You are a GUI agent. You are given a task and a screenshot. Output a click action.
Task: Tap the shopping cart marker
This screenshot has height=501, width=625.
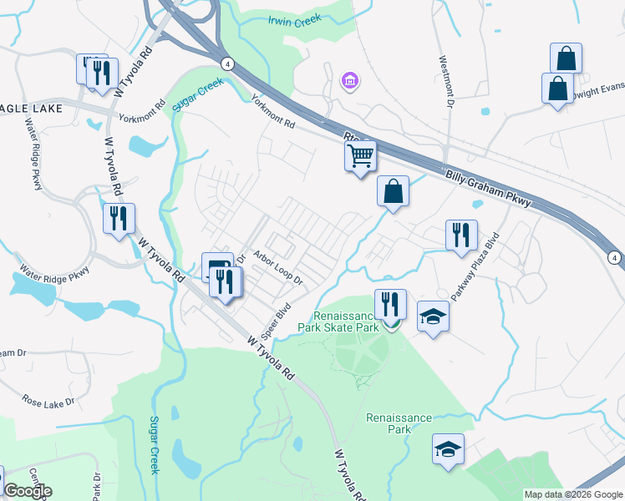tap(360, 156)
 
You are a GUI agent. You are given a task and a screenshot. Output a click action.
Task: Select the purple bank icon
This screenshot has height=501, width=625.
tap(349, 81)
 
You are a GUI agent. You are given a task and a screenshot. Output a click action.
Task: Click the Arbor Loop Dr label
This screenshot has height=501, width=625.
tap(277, 265)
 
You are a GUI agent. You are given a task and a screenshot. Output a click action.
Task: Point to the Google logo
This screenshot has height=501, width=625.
tap(27, 491)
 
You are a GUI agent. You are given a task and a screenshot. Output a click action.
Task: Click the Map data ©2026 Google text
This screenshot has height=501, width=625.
tap(573, 494)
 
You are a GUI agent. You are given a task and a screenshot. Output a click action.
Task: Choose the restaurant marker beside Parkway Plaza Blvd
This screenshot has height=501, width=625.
tap(460, 236)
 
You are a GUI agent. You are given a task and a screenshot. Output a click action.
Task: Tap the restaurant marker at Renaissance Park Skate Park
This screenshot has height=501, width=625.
tap(389, 306)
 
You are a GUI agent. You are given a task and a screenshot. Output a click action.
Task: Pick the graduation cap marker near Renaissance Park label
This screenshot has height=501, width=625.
tap(449, 450)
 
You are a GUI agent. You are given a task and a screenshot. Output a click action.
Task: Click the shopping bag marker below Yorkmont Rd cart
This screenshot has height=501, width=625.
tap(393, 192)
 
